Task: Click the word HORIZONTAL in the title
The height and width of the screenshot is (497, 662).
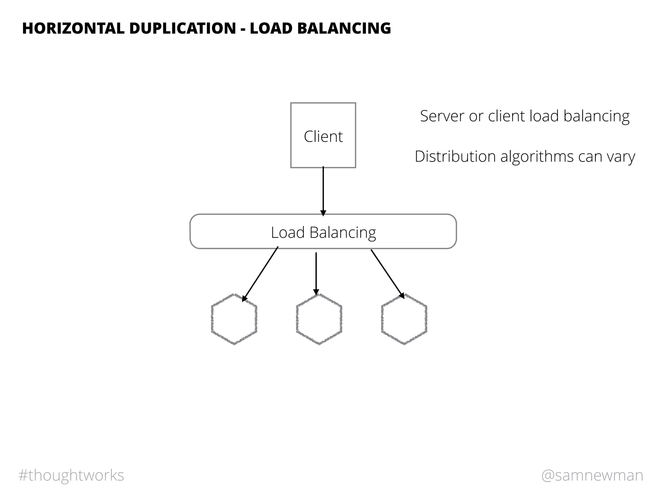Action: coord(73,28)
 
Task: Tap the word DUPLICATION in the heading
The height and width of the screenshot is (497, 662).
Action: coord(183,28)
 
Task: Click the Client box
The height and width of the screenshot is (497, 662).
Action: coord(323,136)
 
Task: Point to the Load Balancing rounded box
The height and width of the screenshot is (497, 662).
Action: coord(323,232)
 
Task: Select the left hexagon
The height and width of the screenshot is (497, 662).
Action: coord(234,319)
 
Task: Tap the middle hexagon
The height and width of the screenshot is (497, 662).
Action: coord(319,319)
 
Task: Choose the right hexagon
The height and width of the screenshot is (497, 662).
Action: coord(404,319)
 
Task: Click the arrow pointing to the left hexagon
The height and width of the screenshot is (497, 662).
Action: coord(261,274)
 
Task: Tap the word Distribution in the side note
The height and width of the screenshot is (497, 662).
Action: coord(455,157)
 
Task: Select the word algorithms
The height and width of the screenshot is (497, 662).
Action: coord(537,157)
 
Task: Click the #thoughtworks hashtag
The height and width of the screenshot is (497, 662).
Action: coord(71,475)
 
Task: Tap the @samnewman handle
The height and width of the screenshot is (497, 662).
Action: coord(592,475)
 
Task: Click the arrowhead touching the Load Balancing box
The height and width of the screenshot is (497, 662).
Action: coord(323,213)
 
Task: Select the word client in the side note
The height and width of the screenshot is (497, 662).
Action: coord(507,116)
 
